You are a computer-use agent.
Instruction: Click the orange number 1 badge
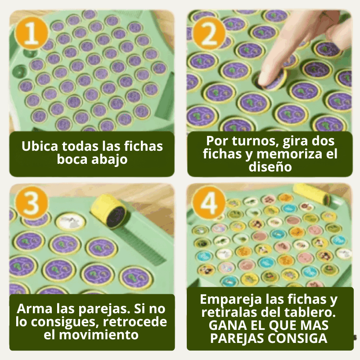point(31,33)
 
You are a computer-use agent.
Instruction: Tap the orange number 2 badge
point(209,33)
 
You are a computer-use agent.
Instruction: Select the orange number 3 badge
point(31,203)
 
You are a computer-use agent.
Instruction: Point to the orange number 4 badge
point(209,203)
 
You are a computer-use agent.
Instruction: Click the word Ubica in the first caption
point(40,146)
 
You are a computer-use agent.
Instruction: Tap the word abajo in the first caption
point(109,159)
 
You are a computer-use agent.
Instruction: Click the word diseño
point(270,166)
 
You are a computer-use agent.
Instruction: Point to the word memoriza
point(289,153)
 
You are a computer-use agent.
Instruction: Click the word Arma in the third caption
point(35,309)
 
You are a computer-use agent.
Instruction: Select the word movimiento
point(99,335)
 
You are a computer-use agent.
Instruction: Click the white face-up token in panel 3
point(71,221)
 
